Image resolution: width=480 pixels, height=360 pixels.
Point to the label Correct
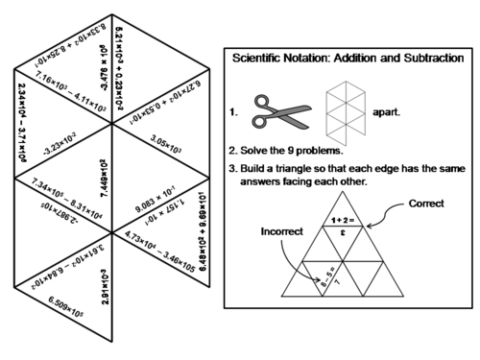pos(426,204)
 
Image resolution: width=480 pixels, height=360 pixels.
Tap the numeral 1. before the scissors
pos(233,113)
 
